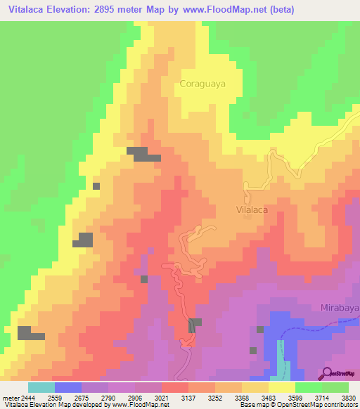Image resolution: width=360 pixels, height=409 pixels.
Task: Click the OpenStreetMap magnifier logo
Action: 327,373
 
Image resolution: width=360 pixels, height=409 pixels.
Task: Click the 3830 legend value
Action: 349,398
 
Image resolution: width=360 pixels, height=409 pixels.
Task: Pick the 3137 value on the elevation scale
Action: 188,398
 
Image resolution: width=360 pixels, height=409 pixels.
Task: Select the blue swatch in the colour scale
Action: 67,387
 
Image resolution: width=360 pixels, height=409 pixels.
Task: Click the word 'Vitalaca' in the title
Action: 27,10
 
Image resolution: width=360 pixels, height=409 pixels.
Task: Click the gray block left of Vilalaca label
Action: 137,155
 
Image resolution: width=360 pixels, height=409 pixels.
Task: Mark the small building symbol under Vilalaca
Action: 247,216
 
